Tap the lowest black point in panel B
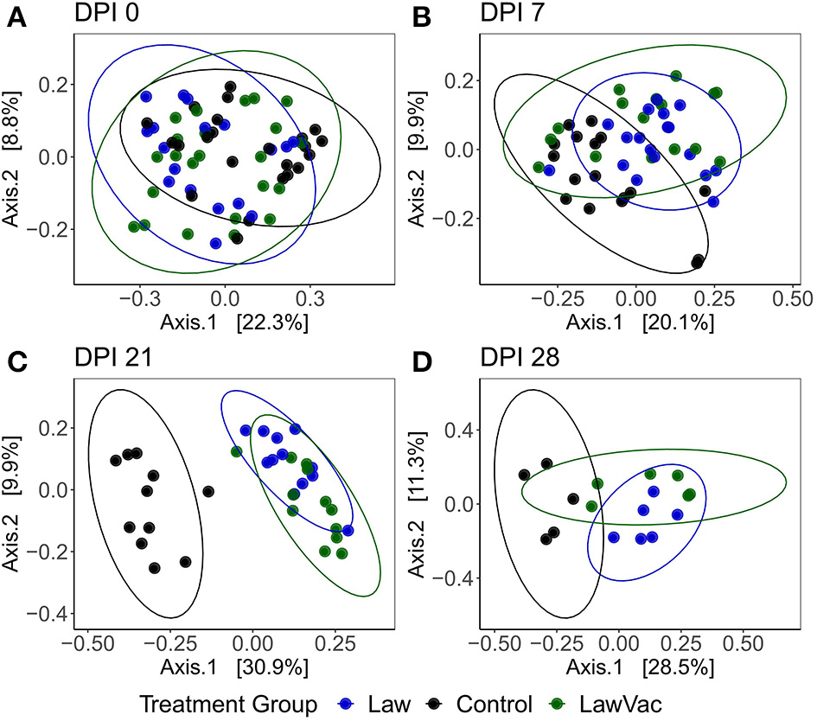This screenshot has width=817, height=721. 698,260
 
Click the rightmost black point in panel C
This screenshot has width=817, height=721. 207,491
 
